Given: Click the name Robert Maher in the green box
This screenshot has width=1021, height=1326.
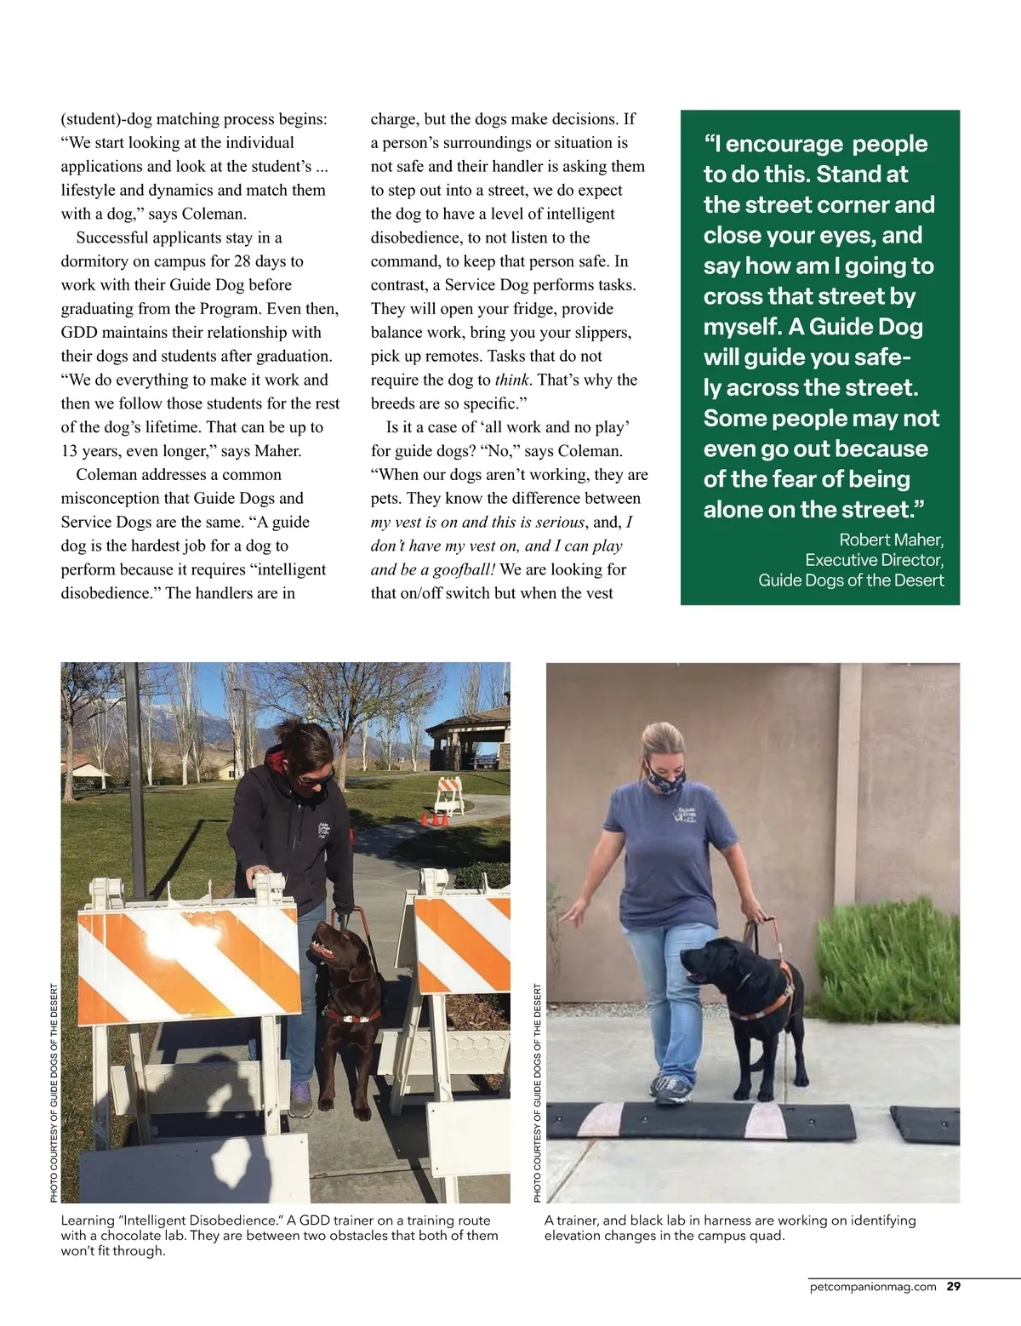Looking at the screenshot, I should tap(891, 540).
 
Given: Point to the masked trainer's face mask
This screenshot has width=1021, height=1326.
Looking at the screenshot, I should tap(665, 775).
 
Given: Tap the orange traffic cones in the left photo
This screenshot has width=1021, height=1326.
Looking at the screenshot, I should tap(435, 820).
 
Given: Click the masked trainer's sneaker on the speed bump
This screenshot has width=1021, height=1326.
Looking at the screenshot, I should tap(672, 1088).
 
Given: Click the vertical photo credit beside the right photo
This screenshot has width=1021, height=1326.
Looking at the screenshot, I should tap(537, 1093).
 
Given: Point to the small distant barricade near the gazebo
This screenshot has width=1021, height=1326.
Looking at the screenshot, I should tap(448, 793).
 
